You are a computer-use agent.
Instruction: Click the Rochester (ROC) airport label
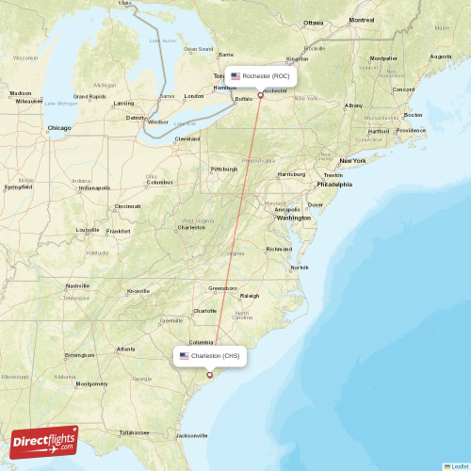[x=265, y=75]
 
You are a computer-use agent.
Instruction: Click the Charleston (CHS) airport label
[x=215, y=356]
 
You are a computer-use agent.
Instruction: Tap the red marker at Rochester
[x=261, y=94]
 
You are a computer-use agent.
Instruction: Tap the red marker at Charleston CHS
[x=209, y=374]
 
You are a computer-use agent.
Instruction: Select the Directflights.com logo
[x=43, y=441]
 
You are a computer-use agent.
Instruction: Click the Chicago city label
[x=59, y=127]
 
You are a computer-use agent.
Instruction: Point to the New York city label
[x=352, y=160]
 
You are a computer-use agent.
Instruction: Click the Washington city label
[x=294, y=218]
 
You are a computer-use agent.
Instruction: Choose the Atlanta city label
[x=125, y=349]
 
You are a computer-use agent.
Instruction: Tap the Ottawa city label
[x=313, y=23]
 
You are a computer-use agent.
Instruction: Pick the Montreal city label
[x=361, y=20]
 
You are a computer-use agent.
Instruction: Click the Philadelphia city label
[x=333, y=185]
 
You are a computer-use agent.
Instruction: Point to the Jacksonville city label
[x=192, y=435]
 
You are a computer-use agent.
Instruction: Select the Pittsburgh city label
[x=224, y=170]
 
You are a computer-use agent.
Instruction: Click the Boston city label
[x=412, y=115]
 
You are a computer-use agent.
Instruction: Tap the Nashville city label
[x=77, y=285]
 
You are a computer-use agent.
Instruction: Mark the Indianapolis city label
[x=94, y=187]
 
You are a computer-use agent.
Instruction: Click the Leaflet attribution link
[x=459, y=465]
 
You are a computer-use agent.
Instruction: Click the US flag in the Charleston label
[x=184, y=356]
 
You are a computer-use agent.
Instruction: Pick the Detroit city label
[x=137, y=118]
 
